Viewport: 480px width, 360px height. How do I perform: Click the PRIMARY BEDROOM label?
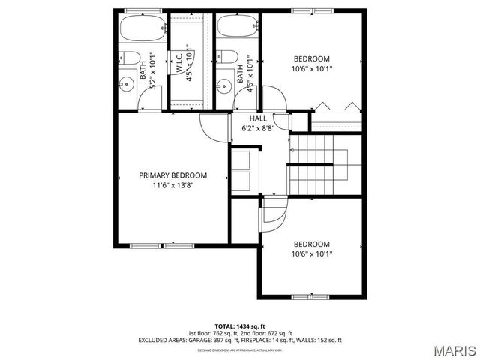(172, 175)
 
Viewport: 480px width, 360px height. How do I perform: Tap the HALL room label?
(258, 118)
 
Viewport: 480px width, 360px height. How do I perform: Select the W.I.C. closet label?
(180, 62)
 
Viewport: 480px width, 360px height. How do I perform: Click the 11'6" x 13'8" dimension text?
(172, 186)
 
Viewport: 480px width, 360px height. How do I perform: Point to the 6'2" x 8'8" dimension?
(258, 128)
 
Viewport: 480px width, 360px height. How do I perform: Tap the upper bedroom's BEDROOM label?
(311, 58)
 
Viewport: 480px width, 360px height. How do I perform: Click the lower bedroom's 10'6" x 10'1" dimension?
(311, 254)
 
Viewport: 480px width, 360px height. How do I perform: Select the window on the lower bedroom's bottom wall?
(312, 295)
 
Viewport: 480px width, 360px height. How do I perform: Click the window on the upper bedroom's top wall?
(311, 10)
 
